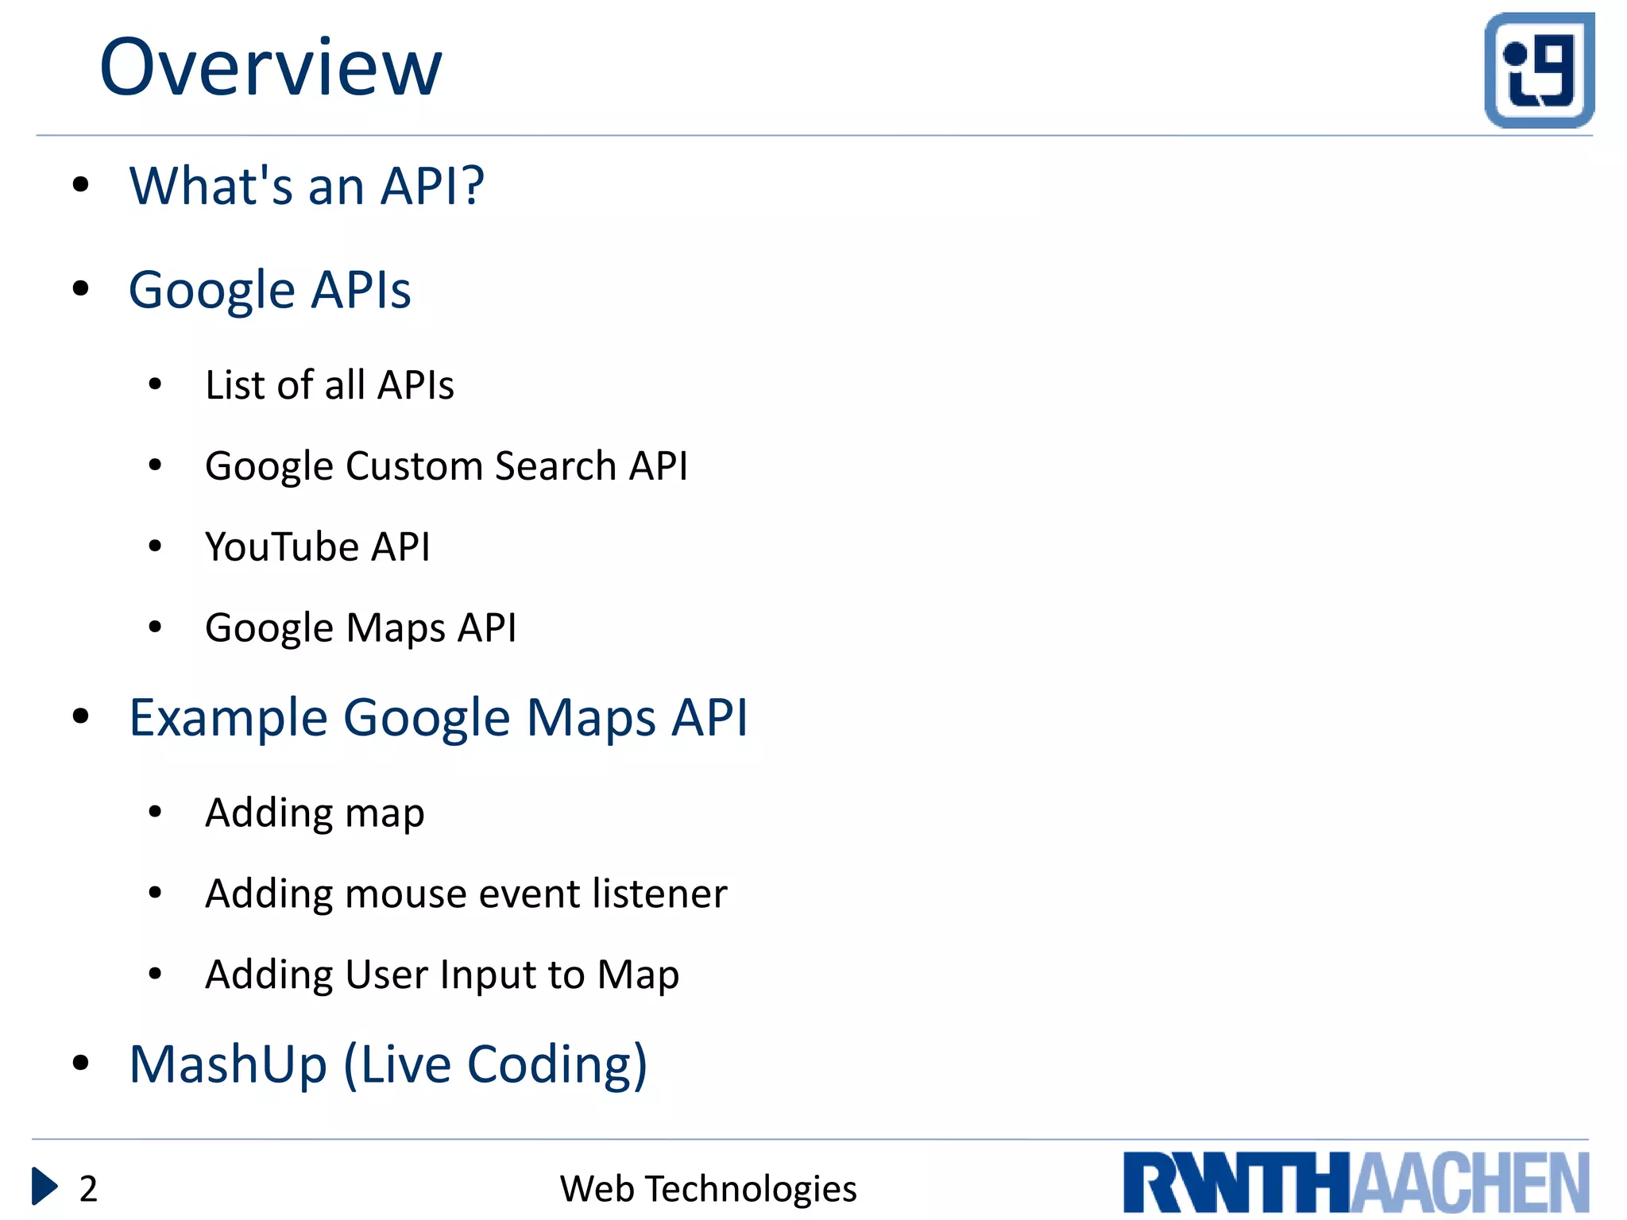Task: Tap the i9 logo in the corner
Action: click(1539, 70)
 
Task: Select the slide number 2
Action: click(88, 1189)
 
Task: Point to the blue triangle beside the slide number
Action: click(44, 1187)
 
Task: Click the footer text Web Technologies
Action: click(708, 1189)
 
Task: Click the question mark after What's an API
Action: click(473, 186)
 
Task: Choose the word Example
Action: click(229, 718)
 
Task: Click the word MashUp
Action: click(228, 1064)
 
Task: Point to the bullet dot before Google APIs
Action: click(80, 288)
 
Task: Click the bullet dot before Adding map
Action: click(155, 812)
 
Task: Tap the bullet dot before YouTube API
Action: click(155, 546)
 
